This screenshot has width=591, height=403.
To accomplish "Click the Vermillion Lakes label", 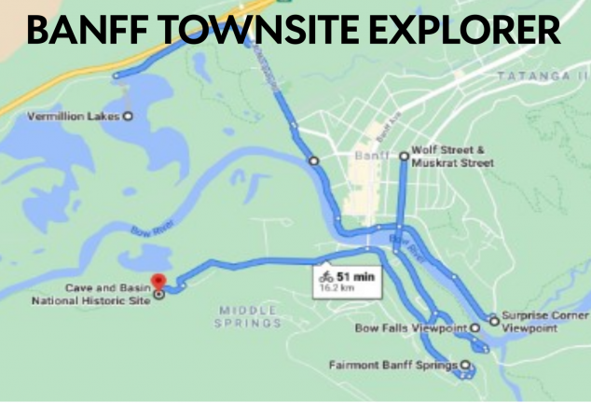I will pos(74,117).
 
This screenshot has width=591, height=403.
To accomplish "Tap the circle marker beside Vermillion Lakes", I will pos(128,117).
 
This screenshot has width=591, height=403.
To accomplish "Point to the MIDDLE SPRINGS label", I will pos(248,316).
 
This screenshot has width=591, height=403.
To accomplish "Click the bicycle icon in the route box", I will pos(326,276).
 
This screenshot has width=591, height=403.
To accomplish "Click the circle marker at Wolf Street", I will pos(404,157).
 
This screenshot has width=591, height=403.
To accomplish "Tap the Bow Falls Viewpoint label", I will pos(411,328).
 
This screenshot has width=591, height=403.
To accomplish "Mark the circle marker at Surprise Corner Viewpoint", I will pos(494,321).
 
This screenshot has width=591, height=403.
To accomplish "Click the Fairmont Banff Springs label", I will pos(394,365).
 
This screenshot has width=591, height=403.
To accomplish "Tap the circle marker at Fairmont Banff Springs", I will pos(465,365).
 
